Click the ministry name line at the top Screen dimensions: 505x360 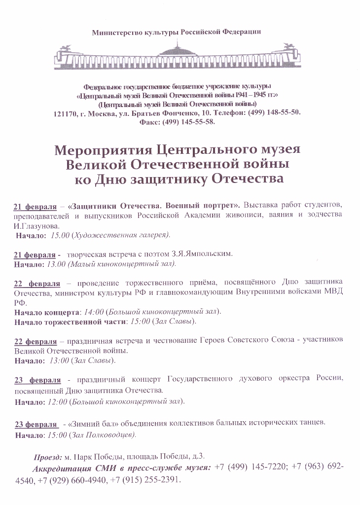point(176,33)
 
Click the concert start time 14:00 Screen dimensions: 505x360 point(94,312)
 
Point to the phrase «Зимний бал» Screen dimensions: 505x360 point(85,423)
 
